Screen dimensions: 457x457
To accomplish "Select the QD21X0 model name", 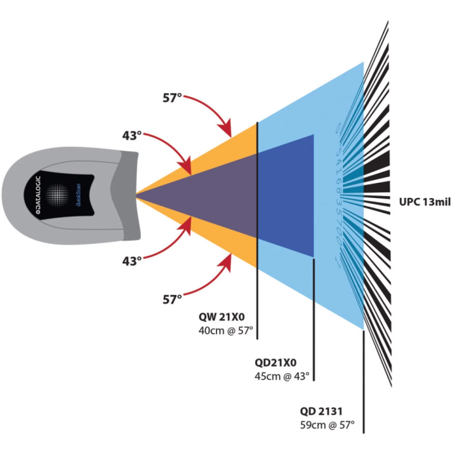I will point(275,362).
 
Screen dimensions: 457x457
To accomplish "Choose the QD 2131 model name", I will point(322,410).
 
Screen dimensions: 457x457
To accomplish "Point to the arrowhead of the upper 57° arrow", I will point(230,134).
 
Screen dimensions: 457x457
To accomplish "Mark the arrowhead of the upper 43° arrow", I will point(189,171).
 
